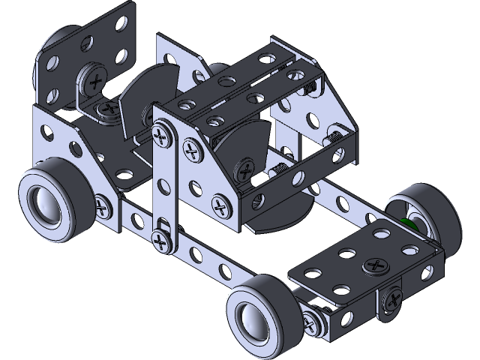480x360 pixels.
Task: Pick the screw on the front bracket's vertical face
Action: click(391, 301)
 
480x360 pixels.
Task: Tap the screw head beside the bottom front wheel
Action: click(312, 322)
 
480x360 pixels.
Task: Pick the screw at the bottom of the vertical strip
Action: click(160, 241)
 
